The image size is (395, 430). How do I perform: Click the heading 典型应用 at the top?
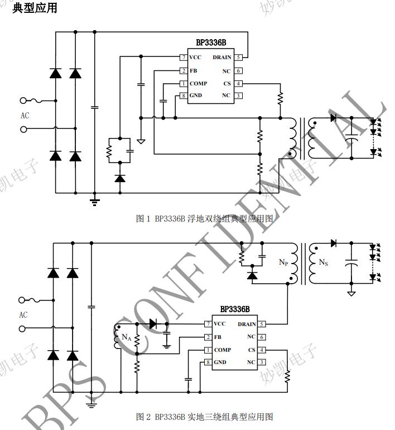[34, 8]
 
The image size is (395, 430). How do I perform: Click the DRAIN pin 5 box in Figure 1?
[238, 58]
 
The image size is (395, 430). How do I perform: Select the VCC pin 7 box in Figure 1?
[183, 58]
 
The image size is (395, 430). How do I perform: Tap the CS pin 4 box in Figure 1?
[238, 84]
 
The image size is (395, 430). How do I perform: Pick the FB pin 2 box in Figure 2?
[208, 337]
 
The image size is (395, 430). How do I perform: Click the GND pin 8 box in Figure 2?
[208, 362]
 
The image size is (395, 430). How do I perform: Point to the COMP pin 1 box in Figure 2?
[208, 350]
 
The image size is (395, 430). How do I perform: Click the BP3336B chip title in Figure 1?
[211, 42]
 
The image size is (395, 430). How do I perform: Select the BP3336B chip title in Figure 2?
[235, 309]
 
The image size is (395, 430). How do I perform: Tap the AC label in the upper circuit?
[25, 116]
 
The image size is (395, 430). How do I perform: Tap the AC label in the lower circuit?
[23, 315]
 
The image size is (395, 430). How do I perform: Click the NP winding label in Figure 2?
[283, 261]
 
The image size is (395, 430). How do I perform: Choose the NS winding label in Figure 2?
[323, 262]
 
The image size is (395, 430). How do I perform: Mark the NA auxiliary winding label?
[127, 337]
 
